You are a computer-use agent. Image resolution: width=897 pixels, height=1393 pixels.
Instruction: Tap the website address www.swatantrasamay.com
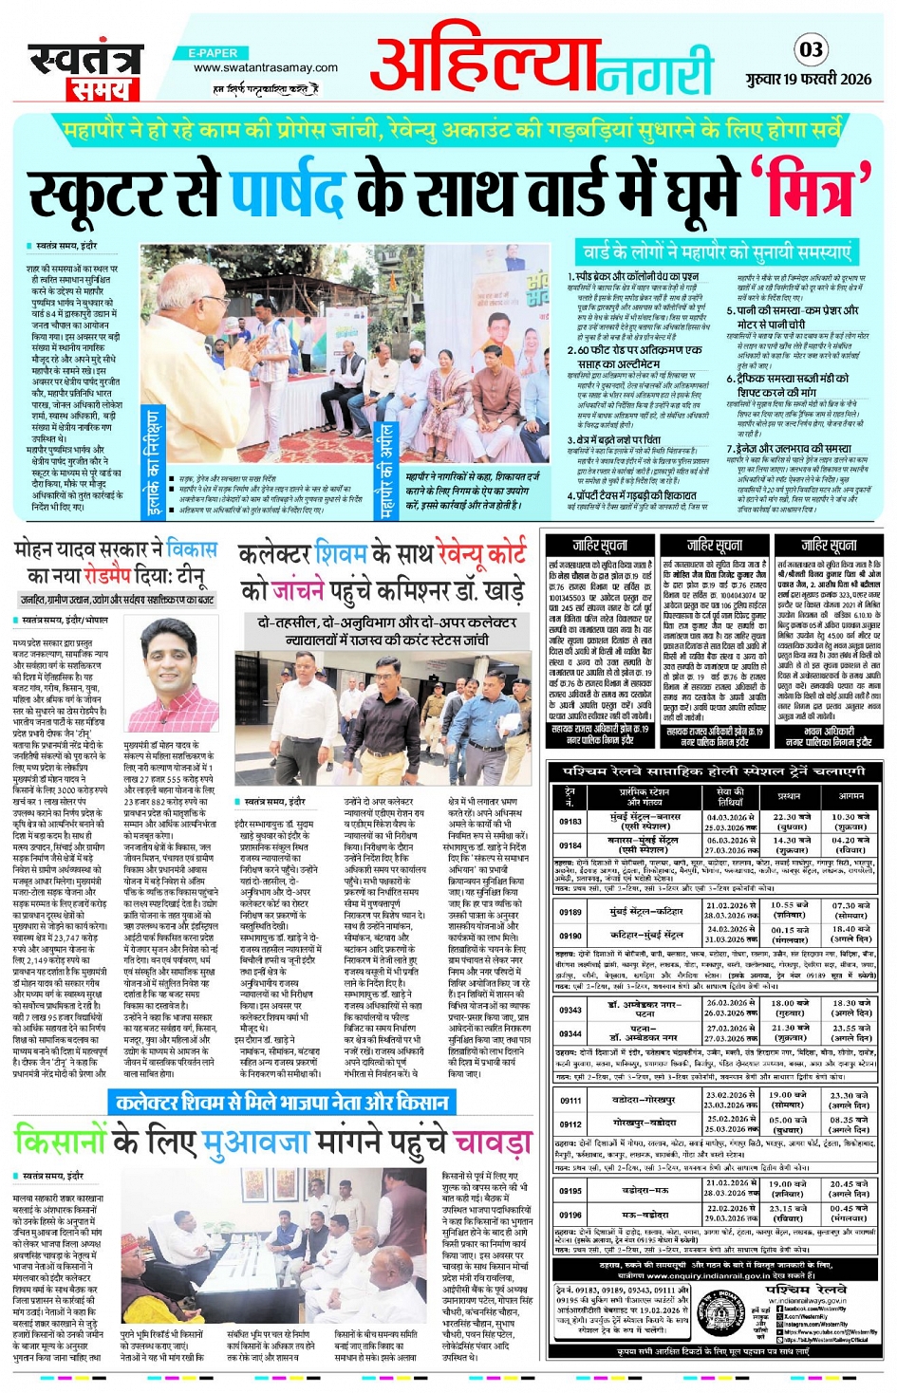[265, 67]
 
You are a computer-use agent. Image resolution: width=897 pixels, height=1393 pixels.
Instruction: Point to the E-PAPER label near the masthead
[213, 53]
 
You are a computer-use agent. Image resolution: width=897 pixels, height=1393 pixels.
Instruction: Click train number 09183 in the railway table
[570, 822]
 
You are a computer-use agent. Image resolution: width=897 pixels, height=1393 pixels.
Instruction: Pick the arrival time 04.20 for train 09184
[850, 840]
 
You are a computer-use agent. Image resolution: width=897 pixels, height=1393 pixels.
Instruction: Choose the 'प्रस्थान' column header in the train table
[790, 795]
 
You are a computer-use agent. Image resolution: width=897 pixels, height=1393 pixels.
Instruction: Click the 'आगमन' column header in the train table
[850, 795]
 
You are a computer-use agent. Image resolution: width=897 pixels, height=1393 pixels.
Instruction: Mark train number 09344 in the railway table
[570, 1033]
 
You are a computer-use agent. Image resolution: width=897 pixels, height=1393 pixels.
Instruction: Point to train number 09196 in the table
[570, 1214]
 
